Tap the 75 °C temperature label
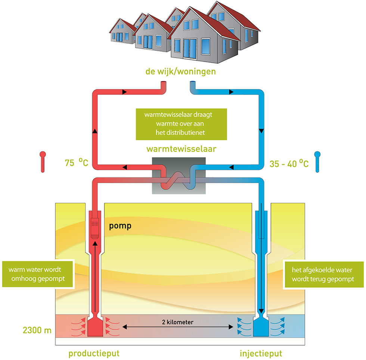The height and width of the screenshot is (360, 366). (x=76, y=163)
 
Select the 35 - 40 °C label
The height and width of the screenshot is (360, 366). (x=289, y=164)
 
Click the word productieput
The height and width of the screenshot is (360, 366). (x=94, y=353)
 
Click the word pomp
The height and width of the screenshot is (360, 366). (x=120, y=226)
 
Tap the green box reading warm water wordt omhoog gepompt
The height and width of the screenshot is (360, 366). (x=38, y=273)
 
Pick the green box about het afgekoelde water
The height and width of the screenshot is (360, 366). (x=324, y=273)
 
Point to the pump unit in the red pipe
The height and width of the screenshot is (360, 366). (x=94, y=226)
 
